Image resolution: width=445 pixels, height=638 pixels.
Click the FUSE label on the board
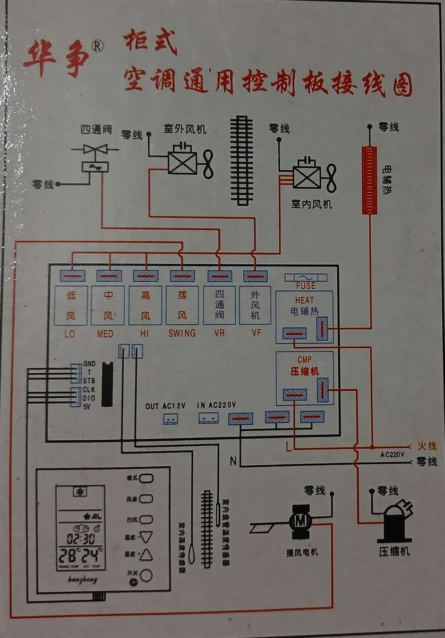[306, 286]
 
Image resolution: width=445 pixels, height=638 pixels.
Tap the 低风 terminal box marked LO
[71, 305]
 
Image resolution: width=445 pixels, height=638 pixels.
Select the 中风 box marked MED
[108, 305]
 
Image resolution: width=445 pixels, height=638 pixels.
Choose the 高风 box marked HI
[145, 305]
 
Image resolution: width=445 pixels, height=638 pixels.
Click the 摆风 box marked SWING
[182, 305]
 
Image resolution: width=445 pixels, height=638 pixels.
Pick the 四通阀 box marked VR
[219, 305]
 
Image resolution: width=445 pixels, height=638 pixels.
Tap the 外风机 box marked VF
[255, 305]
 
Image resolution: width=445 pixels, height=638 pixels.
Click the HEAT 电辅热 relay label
[305, 305]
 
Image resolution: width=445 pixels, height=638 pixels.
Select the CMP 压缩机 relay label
[305, 366]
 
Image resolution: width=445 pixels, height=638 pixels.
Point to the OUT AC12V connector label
[166, 406]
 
